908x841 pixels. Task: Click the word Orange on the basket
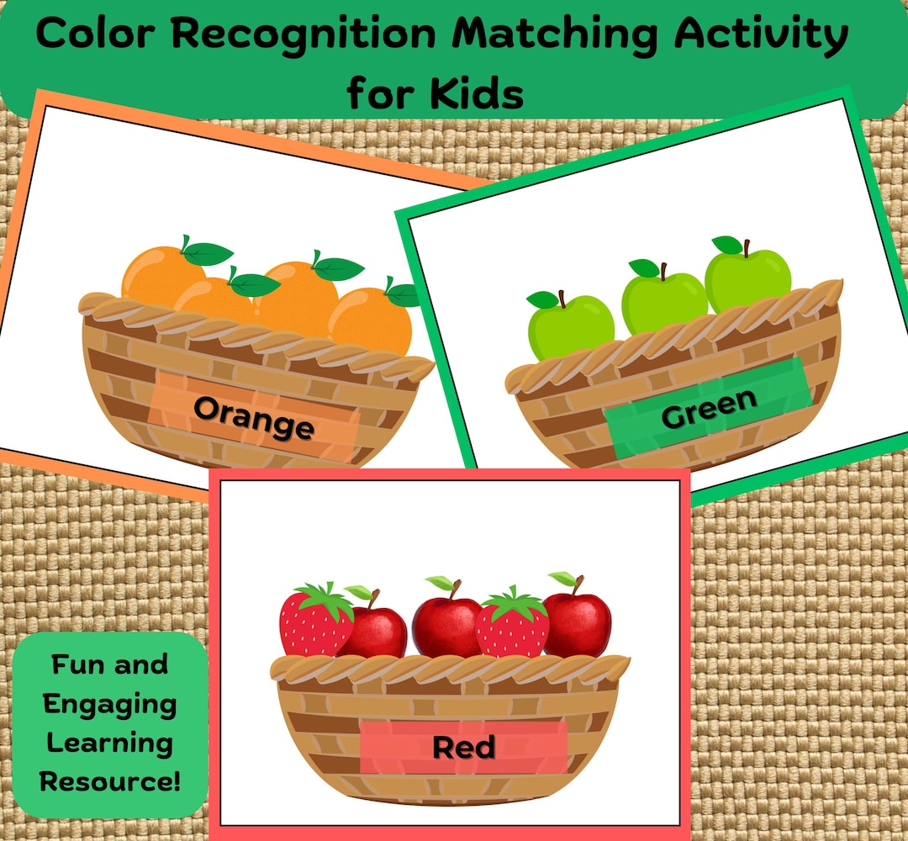tap(254, 418)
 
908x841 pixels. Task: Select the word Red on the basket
tap(463, 747)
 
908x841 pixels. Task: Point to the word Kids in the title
tap(477, 93)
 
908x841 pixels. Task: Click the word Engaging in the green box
tap(110, 704)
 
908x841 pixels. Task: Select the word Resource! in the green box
tap(110, 781)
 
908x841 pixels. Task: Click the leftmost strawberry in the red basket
tap(313, 622)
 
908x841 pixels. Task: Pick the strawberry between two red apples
tap(512, 627)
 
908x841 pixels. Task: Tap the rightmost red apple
tap(578, 624)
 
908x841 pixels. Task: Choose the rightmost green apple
tap(748, 280)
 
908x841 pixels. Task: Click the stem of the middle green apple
tap(663, 271)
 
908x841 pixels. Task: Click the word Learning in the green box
tap(110, 743)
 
